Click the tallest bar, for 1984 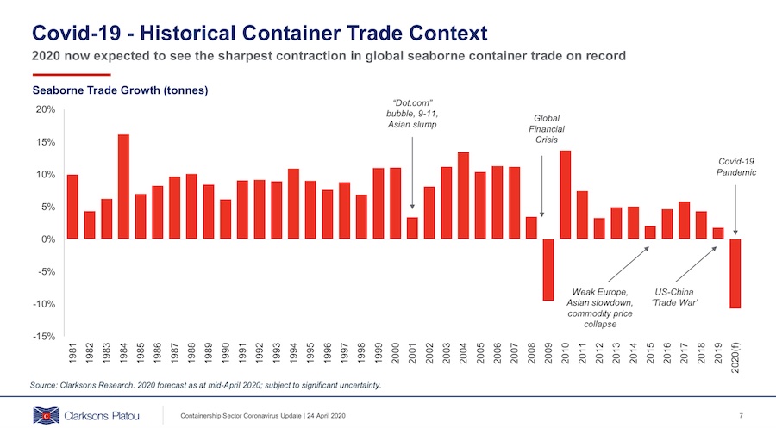tap(123, 187)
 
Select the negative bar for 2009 tap(548, 270)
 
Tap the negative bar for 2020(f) tap(735, 273)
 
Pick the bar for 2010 tap(566, 195)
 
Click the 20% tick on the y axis tap(45, 110)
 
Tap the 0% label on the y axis tap(47, 239)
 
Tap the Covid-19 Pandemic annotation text tap(736, 166)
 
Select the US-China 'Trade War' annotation tap(676, 297)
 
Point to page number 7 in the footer tap(741, 417)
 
